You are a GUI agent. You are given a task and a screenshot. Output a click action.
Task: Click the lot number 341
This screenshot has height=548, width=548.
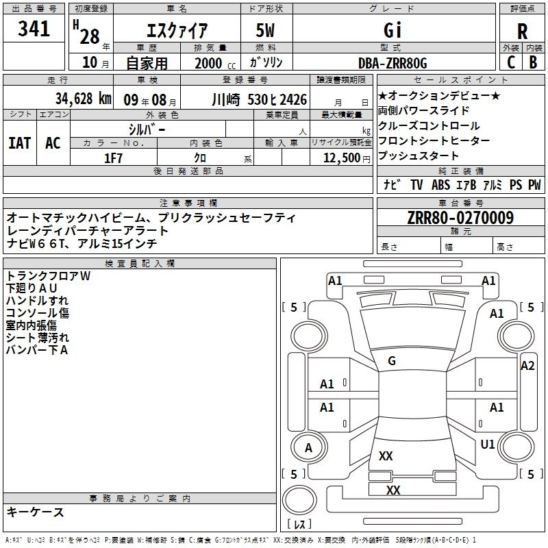pos(34,29)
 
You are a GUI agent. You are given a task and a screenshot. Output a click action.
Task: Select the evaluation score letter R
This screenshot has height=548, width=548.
pos(522,31)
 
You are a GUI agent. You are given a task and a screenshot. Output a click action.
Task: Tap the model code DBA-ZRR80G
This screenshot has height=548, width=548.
pos(393,63)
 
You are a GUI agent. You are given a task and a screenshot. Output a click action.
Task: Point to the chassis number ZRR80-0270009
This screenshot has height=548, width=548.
pos(460,218)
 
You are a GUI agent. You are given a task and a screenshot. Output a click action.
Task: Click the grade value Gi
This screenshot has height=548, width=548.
pos(393,30)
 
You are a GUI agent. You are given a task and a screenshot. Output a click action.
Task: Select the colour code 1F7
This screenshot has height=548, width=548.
pos(113,158)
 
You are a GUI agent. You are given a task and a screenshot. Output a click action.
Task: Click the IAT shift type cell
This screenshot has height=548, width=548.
pos(20,142)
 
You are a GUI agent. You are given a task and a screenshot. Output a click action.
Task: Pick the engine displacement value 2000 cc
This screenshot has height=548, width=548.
pos(210,63)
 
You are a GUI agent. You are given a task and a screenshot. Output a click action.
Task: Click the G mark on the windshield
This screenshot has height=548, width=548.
pos(392,361)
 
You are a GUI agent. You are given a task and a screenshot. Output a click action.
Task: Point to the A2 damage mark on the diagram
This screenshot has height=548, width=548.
pos(527,366)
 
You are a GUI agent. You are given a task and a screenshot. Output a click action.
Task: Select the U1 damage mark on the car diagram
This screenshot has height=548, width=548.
pos(488,445)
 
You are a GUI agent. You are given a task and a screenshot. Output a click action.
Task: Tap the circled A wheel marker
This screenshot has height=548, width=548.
pos(308,448)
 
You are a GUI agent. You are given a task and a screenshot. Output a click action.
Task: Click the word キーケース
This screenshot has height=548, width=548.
pos(36,512)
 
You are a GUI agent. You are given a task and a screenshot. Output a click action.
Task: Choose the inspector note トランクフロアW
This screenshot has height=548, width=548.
pos(48,276)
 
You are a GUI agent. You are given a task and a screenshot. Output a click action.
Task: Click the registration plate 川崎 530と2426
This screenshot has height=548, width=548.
pos(260,99)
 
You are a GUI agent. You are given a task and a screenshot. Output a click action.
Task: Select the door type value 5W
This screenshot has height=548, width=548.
pos(266,30)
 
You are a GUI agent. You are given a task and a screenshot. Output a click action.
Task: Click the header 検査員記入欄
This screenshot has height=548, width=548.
pos(140,263)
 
